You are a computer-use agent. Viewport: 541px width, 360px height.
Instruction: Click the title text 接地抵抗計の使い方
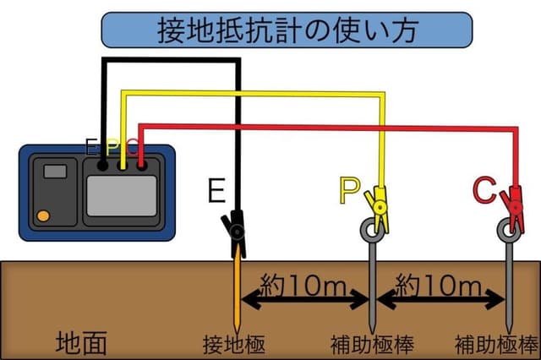click(x=286, y=30)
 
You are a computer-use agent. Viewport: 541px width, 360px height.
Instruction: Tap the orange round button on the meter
click(x=41, y=215)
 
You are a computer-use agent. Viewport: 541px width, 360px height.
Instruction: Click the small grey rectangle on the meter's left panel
click(x=55, y=172)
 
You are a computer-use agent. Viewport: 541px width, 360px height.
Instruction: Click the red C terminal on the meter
click(x=141, y=166)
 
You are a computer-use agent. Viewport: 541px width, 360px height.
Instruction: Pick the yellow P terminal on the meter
click(x=123, y=166)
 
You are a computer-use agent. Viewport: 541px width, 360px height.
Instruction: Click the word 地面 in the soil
click(x=81, y=342)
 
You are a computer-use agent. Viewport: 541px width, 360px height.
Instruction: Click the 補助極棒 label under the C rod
click(x=496, y=345)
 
